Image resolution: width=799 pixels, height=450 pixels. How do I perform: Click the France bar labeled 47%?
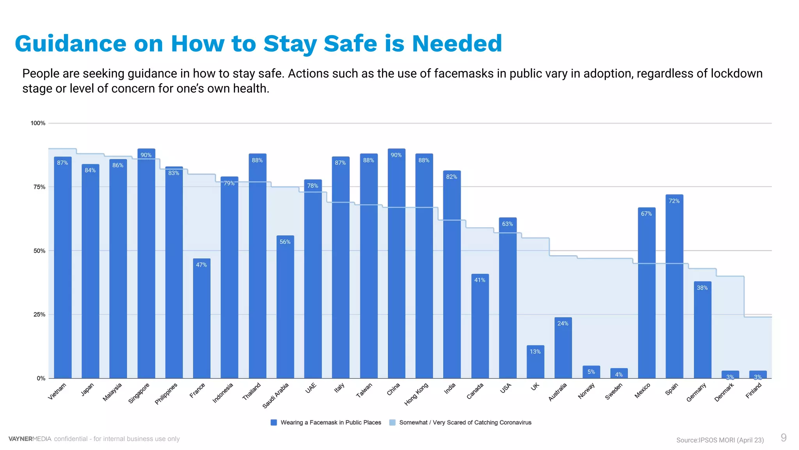point(202,318)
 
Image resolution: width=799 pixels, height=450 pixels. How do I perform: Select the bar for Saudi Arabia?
point(285,307)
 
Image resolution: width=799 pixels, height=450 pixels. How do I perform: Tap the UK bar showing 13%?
point(535,362)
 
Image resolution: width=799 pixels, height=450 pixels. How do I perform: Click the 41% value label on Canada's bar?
point(479,280)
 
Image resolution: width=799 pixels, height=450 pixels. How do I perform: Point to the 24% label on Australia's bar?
point(563,323)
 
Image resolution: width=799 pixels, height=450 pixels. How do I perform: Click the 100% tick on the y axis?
point(38,123)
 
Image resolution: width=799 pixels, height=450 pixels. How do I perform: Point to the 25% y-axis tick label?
point(39,314)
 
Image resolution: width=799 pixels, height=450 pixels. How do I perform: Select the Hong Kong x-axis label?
point(416,394)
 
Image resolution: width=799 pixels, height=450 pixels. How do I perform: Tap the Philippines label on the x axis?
point(166,393)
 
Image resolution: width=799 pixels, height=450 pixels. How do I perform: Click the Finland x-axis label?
point(754,391)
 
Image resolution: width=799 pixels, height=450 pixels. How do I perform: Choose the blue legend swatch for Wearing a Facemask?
point(274,422)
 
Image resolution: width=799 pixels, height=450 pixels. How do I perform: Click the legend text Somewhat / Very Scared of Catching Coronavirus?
point(465,422)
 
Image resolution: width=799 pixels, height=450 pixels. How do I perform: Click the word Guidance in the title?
point(71,44)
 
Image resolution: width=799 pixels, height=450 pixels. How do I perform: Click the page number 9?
point(783,437)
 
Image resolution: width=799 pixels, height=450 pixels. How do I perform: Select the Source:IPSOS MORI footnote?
point(720,440)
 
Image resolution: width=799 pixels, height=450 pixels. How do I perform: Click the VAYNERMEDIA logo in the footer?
point(30,439)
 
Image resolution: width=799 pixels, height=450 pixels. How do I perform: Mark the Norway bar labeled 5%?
point(591,372)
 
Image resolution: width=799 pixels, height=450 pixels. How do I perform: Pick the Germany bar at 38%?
point(702,330)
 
